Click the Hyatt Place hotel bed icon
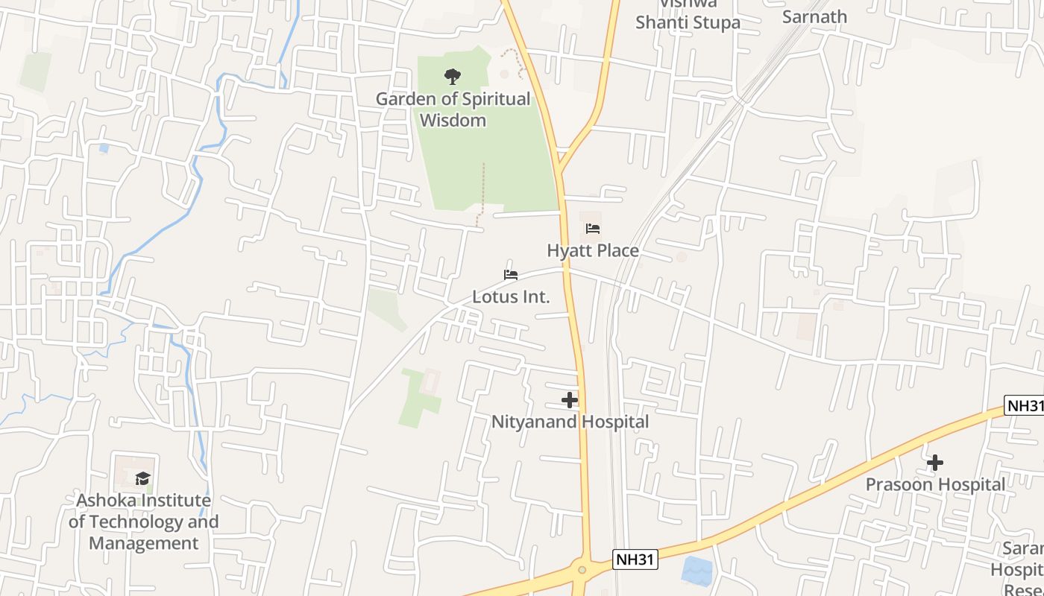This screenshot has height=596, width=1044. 593,228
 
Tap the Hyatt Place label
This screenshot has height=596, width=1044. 593,250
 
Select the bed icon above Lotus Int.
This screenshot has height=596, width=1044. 511,275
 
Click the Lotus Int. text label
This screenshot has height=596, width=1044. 511,297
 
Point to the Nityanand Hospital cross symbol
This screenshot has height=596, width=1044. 570,400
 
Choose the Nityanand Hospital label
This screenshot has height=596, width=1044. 570,422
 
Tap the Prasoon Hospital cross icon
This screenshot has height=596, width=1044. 934,463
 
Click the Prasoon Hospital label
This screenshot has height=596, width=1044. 935,484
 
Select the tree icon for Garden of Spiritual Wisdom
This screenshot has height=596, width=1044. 453,76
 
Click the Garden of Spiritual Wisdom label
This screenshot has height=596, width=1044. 453,109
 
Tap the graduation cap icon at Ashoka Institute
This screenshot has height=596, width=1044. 142,478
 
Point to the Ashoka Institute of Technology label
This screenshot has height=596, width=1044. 143,510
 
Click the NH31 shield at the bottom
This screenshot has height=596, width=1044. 635,559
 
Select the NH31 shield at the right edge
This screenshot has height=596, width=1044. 1025,406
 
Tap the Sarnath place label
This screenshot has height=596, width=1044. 814,16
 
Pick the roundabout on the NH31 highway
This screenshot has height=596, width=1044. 582,570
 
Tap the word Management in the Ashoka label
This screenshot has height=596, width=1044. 144,542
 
